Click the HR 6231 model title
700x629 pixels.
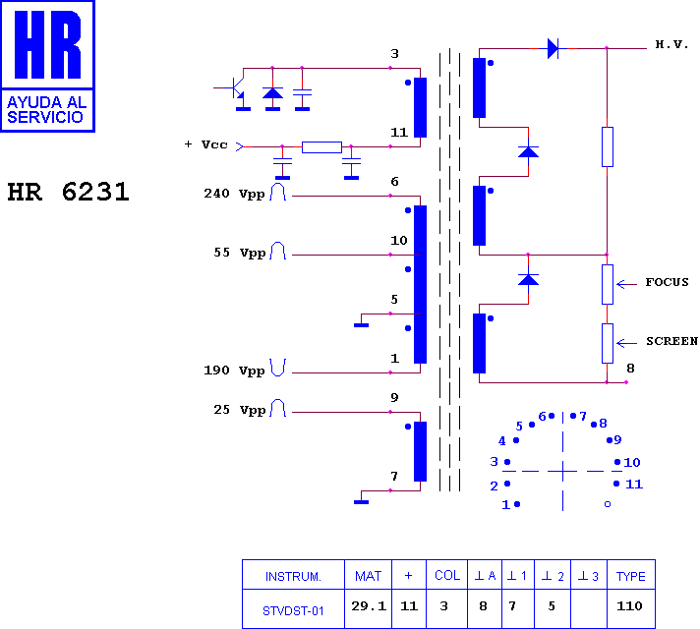68,192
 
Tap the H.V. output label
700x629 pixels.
671,44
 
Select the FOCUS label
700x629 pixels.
667,282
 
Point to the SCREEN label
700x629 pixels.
671,341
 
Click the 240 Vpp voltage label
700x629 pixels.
234,194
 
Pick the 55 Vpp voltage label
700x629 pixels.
240,253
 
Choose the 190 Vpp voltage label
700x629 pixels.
234,371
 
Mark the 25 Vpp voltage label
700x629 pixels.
240,410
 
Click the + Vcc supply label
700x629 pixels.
206,144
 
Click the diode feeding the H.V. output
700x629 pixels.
553,48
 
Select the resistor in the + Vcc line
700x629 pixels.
321,146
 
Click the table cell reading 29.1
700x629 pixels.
369,605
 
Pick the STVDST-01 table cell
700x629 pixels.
293,610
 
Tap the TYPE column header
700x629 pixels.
631,576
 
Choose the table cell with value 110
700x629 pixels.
629,605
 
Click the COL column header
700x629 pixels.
447,575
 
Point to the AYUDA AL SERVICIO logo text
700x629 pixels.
46,110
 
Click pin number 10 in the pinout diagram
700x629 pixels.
632,462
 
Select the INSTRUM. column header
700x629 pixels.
293,576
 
